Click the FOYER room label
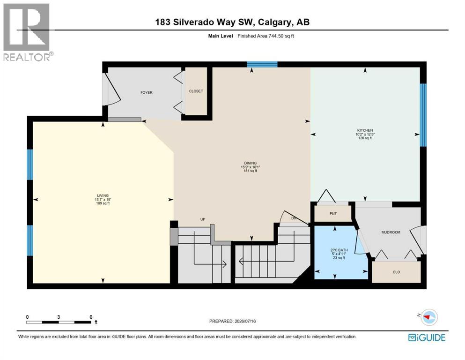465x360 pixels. (x=147, y=93)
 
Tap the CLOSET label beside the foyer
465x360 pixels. (x=196, y=91)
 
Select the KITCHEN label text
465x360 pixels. (x=365, y=130)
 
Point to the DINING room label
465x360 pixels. (x=250, y=163)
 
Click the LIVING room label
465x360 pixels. (x=103, y=195)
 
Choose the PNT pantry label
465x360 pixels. (x=333, y=214)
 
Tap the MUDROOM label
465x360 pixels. (x=391, y=232)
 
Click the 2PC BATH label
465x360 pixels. (x=339, y=250)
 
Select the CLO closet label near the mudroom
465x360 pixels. (x=397, y=272)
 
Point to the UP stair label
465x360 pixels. (x=203, y=219)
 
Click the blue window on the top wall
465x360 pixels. (x=262, y=64)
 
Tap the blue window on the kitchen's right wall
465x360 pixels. (x=423, y=115)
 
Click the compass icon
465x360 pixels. (x=429, y=317)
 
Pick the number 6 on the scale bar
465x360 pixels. (x=91, y=317)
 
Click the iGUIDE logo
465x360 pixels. (x=427, y=338)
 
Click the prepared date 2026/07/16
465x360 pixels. (x=245, y=321)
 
